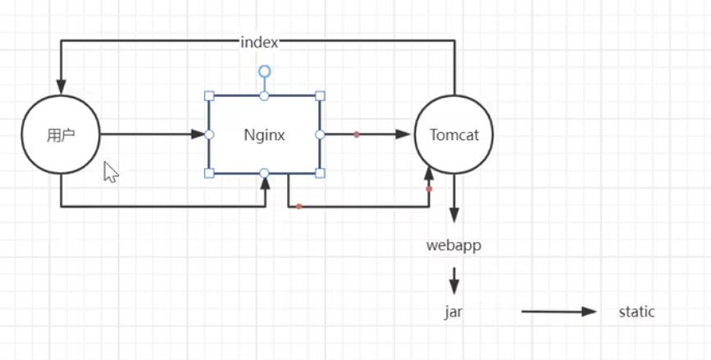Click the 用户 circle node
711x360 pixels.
pyautogui.click(x=61, y=134)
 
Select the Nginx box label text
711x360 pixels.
pyautogui.click(x=264, y=135)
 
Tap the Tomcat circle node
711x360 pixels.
pyautogui.click(x=453, y=134)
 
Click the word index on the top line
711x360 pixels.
pyautogui.click(x=259, y=42)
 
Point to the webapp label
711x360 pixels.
pyautogui.click(x=453, y=245)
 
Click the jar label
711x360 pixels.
pyautogui.click(x=453, y=312)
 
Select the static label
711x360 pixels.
pyautogui.click(x=637, y=312)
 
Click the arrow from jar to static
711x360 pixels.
pyautogui.click(x=559, y=312)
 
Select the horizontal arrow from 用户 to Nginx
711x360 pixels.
pyautogui.click(x=152, y=134)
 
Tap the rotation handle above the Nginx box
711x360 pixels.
pyautogui.click(x=264, y=71)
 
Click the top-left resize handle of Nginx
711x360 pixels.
pyautogui.click(x=209, y=96)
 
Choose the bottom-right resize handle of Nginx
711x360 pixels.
pyautogui.click(x=320, y=173)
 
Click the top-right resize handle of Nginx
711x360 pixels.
pyautogui.click(x=320, y=96)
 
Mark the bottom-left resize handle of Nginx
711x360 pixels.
pyautogui.click(x=209, y=173)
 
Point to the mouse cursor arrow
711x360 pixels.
pyautogui.click(x=110, y=170)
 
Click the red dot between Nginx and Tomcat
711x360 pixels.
pyautogui.click(x=356, y=134)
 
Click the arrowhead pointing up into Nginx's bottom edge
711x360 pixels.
pyautogui.click(x=265, y=181)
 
